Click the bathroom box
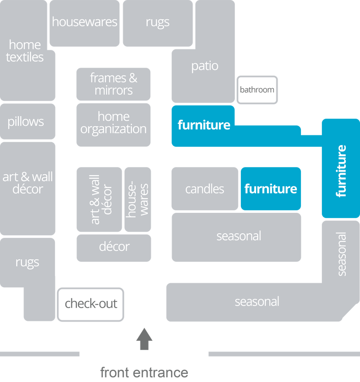257,90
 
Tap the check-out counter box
91,304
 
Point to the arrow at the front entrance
144,339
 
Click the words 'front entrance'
144,372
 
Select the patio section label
205,66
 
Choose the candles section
205,189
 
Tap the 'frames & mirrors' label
114,84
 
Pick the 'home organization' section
114,123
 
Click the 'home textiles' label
25,51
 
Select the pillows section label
25,122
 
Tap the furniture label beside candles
270,189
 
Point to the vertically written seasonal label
341,254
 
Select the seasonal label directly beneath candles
238,236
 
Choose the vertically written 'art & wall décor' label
101,199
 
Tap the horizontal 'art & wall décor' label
27,183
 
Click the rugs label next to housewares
157,22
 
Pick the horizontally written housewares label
85,22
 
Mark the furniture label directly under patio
204,125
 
